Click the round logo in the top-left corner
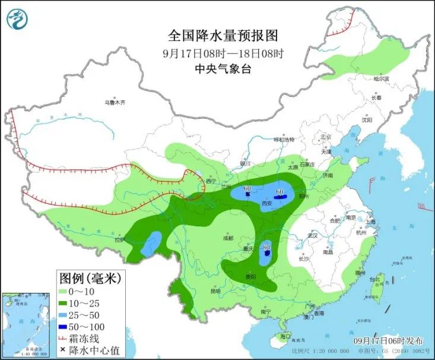tap(17, 19)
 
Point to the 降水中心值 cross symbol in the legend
tap(63, 350)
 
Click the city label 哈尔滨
tap(381, 79)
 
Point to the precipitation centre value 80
tap(266, 247)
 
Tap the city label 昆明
tap(215, 291)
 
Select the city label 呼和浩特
tap(284, 140)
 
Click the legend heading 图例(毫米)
tap(90, 277)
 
